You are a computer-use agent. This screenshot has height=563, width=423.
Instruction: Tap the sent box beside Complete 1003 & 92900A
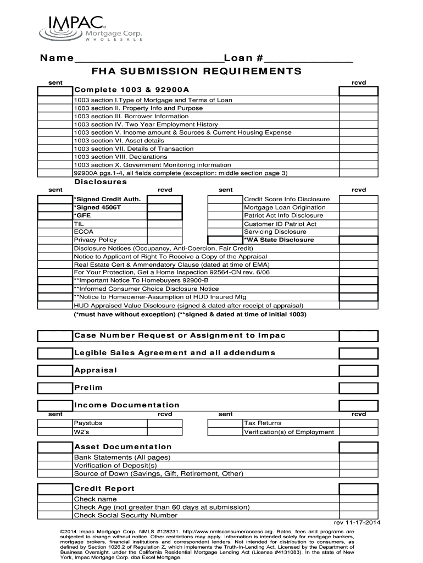(55, 90)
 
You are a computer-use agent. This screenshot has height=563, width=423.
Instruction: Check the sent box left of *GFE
(55, 216)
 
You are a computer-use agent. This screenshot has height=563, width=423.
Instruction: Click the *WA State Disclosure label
(279, 240)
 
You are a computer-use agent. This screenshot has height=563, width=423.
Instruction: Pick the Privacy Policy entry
(96, 240)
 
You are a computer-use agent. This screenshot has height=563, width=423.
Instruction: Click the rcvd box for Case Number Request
(358, 335)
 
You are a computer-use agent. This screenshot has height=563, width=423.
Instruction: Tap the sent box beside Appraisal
(55, 370)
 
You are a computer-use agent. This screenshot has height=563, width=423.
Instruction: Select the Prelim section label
(88, 388)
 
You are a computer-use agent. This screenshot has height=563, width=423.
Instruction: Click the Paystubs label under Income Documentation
(88, 423)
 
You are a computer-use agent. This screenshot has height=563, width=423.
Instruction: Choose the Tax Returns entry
(263, 423)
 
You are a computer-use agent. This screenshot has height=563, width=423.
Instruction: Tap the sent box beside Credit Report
(55, 489)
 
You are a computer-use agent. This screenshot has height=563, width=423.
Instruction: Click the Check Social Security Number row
(126, 515)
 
